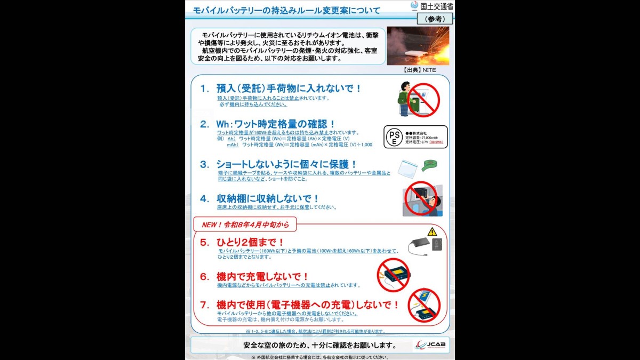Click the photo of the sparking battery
click(418, 46)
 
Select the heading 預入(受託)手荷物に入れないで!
click(289, 89)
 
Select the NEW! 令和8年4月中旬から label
click(245, 225)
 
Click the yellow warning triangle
click(432, 232)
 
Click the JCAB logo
click(430, 345)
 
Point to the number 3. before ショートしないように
click(204, 165)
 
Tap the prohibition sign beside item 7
click(425, 306)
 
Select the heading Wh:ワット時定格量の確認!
click(275, 124)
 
